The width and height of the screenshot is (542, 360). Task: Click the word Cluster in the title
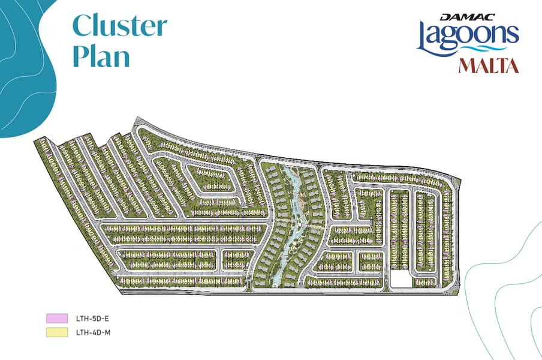click(119, 26)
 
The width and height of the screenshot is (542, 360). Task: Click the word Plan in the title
click(101, 56)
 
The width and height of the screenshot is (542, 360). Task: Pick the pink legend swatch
click(56, 318)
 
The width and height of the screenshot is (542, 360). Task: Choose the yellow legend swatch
click(56, 332)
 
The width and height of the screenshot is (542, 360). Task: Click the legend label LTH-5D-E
click(86, 318)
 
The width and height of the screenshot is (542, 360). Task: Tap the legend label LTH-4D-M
click(86, 332)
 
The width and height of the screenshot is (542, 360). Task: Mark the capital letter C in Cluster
click(82, 26)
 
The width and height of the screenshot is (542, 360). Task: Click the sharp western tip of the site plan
click(35, 139)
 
